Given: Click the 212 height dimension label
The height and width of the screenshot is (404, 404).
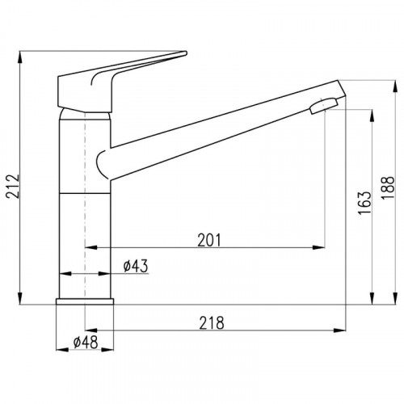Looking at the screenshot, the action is [x=14, y=187].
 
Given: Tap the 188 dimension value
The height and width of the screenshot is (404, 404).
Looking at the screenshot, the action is [x=388, y=187].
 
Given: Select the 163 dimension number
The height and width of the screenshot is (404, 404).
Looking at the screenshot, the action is [x=364, y=203].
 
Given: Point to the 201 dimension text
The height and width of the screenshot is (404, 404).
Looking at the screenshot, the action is [x=209, y=240].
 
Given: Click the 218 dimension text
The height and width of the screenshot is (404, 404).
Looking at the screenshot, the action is [x=212, y=323].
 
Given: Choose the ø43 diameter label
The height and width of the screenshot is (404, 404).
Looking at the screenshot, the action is [x=136, y=266].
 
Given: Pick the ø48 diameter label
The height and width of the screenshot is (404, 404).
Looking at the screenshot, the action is [x=86, y=343].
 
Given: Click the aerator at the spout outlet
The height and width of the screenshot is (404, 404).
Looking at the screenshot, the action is [x=323, y=106].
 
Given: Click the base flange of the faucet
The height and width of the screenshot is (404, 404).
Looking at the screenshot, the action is [x=85, y=301].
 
